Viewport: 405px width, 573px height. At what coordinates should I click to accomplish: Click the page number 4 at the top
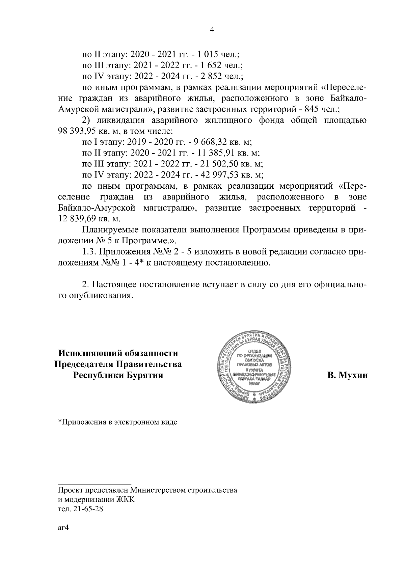coord(212,30)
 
